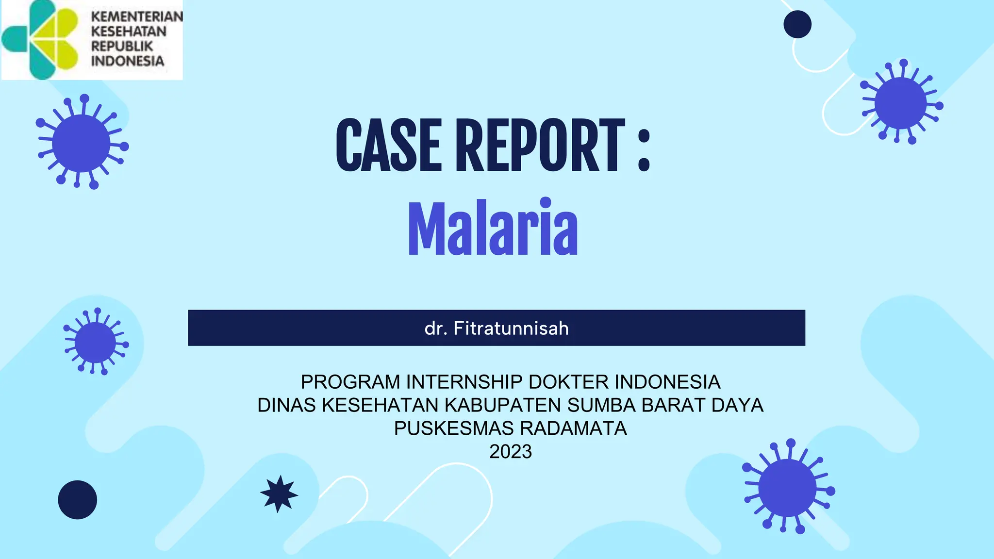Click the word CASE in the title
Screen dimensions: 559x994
388,146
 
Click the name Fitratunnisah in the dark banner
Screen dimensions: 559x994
511,329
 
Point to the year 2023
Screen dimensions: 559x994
511,452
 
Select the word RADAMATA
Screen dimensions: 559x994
573,428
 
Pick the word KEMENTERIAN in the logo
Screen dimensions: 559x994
137,16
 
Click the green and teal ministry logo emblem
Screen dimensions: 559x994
41,40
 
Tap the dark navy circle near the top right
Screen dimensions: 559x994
797,24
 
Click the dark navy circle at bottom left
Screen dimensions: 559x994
78,500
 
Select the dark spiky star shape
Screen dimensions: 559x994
279,494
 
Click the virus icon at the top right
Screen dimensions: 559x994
901,103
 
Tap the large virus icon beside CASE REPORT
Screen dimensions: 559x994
82,143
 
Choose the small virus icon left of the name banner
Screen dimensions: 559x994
96,342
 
